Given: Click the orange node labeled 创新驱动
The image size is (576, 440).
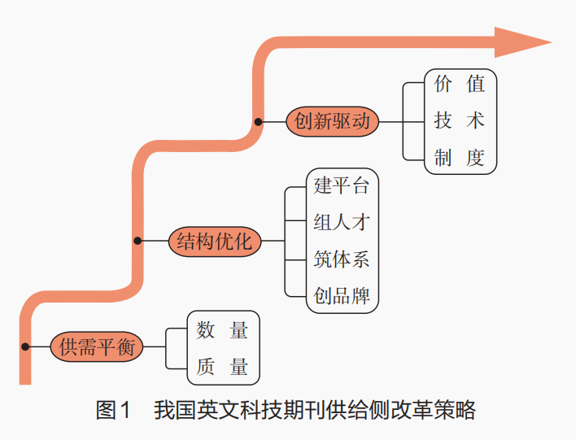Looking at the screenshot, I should [333, 121].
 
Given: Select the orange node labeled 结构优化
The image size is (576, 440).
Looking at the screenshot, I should [216, 241].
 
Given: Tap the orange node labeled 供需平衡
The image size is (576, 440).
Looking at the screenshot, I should [97, 346].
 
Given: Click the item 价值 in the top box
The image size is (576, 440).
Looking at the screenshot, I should [460, 85].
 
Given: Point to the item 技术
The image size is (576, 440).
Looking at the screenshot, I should [460, 121].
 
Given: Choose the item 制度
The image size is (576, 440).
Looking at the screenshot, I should [460, 158].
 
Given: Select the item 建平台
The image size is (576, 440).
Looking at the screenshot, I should [342, 185].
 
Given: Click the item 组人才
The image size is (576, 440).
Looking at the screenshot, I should [342, 222].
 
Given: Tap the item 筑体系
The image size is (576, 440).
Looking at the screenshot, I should [342, 259].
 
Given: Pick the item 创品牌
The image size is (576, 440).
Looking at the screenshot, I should [342, 295].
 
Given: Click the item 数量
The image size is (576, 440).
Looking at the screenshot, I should [223, 329].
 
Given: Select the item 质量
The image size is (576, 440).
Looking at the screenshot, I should [223, 366].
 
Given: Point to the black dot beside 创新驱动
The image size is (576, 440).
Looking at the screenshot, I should [258, 121].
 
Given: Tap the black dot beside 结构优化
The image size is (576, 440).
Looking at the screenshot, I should [138, 241].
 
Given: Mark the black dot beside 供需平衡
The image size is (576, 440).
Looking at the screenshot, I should [25, 346].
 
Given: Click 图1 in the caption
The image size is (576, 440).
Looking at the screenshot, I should [113, 411].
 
